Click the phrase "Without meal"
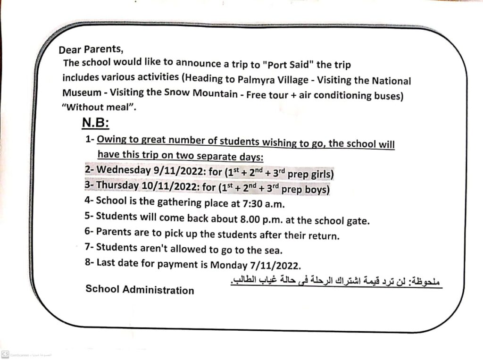[x=99, y=107]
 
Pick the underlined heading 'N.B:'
[x=95, y=123]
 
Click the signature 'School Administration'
[x=140, y=289]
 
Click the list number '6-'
[x=90, y=232]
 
